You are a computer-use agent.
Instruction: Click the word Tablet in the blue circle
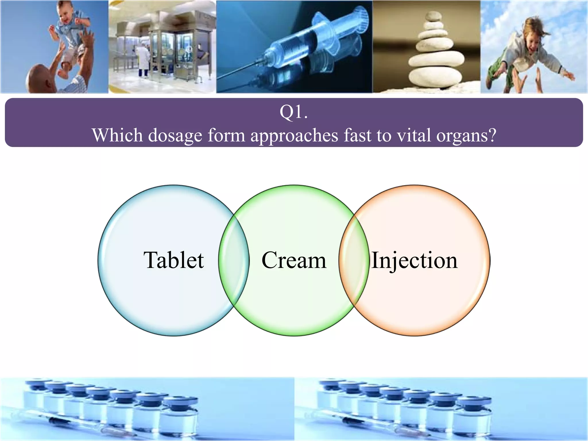(174, 260)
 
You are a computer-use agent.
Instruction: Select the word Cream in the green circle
(294, 260)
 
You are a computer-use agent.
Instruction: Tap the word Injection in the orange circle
(414, 260)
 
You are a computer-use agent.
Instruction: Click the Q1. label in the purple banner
(293, 112)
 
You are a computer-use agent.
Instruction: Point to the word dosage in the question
(175, 136)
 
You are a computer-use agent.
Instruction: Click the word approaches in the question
(294, 136)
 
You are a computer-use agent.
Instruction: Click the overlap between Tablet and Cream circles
(234, 260)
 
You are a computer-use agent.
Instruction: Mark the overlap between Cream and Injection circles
(354, 260)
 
